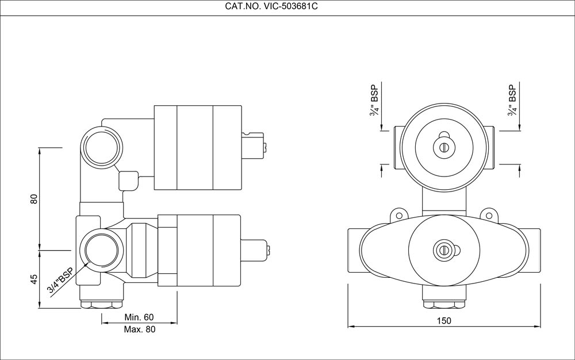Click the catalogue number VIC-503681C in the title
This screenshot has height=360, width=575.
[289, 8]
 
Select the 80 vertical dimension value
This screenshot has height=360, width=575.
[34, 199]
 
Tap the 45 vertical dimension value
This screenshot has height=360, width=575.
[34, 279]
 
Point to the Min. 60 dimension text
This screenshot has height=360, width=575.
[139, 317]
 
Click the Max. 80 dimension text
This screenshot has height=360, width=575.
[139, 330]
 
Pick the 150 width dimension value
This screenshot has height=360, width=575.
[444, 320]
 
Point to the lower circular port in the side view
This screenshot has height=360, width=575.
[102, 251]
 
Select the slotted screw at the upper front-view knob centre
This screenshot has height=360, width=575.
[443, 147]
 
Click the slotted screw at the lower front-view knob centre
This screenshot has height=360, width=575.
[443, 250]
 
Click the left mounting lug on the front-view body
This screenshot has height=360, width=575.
[397, 214]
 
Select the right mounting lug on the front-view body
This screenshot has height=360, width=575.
[490, 214]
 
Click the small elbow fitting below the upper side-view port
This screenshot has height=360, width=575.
[128, 181]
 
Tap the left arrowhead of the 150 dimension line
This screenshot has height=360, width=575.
[351, 327]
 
